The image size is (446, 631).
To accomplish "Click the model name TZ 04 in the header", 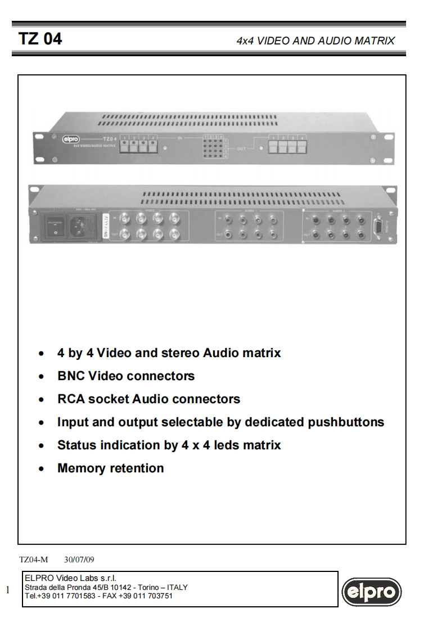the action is point(40,39).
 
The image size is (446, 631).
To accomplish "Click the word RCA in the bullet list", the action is point(71,399).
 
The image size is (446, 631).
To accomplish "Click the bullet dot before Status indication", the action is point(41,446).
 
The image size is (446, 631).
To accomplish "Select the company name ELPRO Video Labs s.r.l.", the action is point(70,579).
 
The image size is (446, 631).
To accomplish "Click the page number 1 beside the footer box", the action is point(8,590).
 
